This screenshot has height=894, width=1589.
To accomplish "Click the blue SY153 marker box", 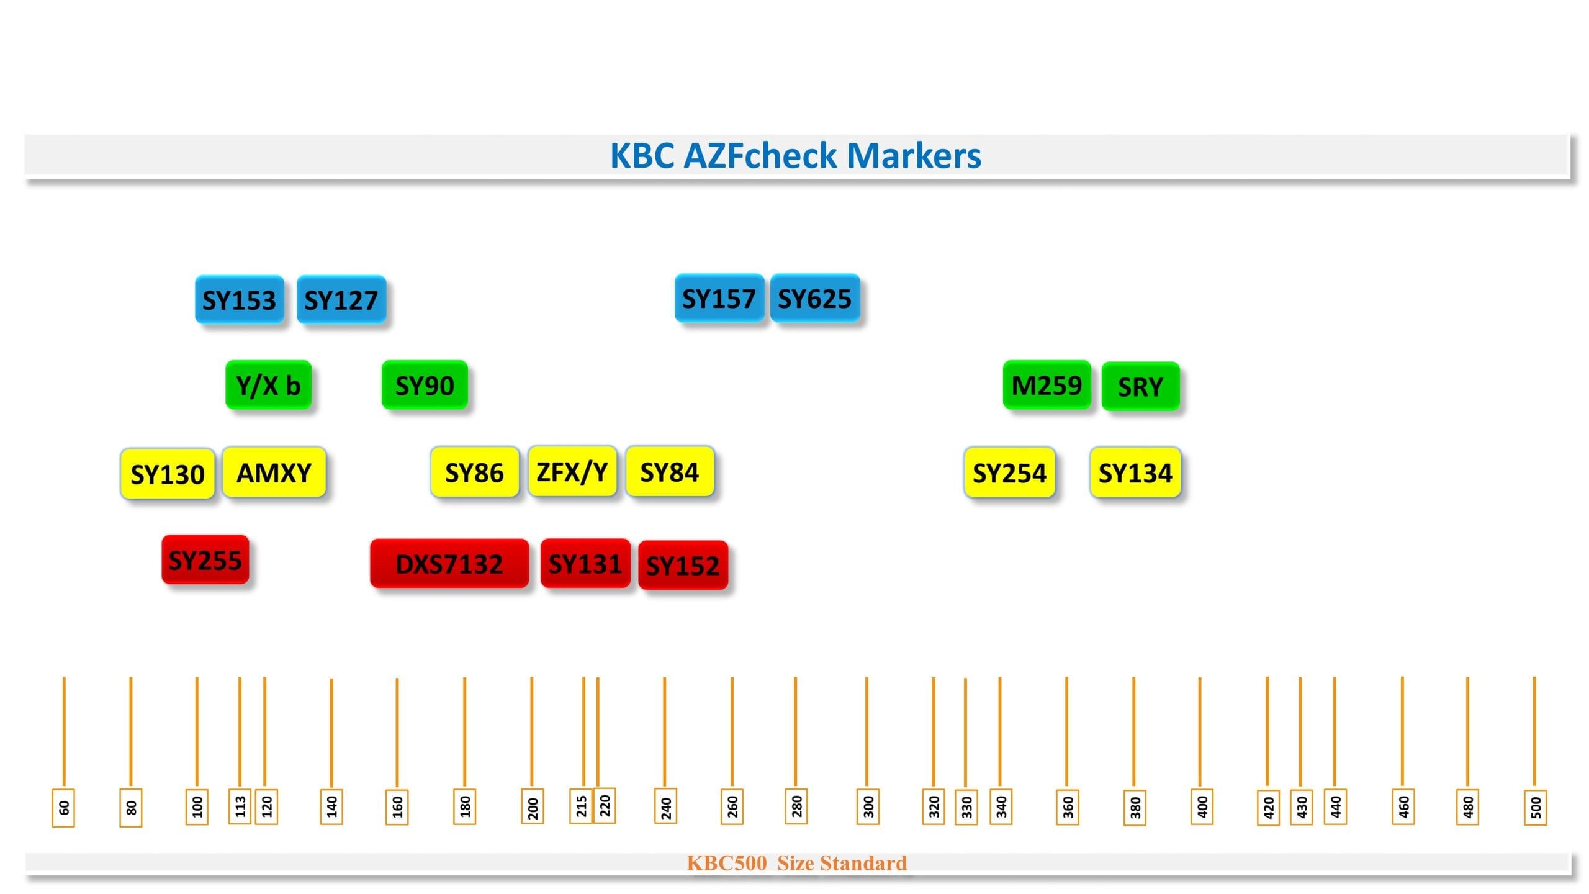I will pos(239,300).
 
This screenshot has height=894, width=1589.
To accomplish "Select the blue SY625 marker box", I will pos(815,299).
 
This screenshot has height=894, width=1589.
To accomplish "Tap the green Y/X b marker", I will pos(268,385).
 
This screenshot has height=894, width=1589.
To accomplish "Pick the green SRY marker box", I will pos(1140,386).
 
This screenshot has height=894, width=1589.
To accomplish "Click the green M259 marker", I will pos(1047,385).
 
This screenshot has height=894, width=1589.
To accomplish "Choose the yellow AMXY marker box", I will pos(274,472).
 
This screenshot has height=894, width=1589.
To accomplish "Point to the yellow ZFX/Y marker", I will pos(572,471).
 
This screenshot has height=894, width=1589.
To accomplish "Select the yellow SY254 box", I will pos(1009,472).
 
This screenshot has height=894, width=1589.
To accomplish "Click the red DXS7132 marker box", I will pos(449,564).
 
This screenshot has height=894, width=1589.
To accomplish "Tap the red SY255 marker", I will pos(205,560).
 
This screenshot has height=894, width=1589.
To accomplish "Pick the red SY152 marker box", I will pos(683,565).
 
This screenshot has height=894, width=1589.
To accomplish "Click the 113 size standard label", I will pos(240,806).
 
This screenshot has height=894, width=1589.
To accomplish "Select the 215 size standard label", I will pos(581,806).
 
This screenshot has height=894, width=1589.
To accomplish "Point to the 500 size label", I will pos(1535,807).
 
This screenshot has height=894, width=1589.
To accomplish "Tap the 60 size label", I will pos(63,807).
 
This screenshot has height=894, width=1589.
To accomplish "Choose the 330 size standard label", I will pos(966,806).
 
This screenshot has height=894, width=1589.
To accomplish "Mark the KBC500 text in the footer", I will pos(726,863).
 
